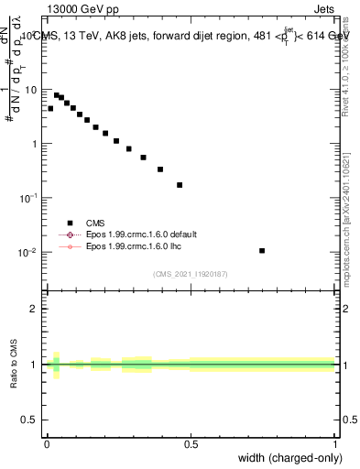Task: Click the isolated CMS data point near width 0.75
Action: [x=262, y=250]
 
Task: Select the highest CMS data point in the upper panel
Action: [x=57, y=94]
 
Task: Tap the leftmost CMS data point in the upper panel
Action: [x=50, y=108]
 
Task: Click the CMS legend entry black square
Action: [x=70, y=222]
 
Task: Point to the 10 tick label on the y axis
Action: [x=35, y=90]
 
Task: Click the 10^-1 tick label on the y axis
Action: [x=33, y=198]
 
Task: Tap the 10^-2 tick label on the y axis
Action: [x=33, y=252]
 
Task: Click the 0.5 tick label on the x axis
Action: [x=191, y=443]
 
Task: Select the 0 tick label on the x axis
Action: [x=47, y=443]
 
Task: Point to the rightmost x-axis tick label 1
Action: [x=335, y=443]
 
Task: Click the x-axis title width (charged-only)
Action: [x=285, y=457]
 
